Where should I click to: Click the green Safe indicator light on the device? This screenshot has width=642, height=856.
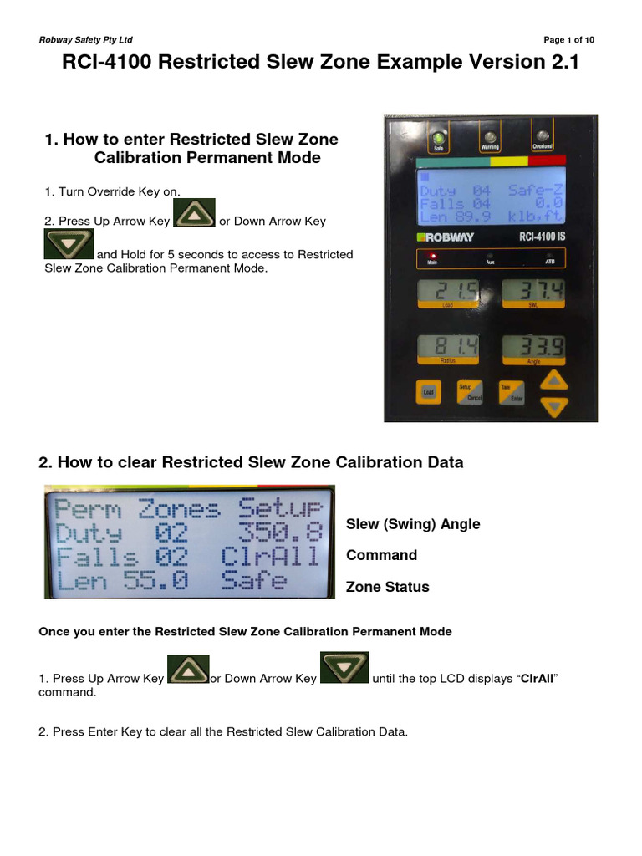tap(437, 139)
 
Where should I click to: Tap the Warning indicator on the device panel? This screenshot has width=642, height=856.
tap(489, 139)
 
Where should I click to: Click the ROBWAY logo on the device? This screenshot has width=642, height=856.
tap(446, 237)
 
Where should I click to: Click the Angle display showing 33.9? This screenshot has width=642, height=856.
tap(532, 347)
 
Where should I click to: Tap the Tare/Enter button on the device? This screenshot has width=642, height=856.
tap(511, 392)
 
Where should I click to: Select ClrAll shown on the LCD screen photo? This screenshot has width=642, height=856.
tap(270, 557)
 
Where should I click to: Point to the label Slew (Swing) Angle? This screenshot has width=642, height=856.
tap(413, 524)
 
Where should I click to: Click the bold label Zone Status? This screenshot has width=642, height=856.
tap(387, 587)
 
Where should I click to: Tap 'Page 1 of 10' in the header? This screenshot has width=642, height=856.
tap(568, 40)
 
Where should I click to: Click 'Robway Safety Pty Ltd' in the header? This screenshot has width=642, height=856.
tap(85, 40)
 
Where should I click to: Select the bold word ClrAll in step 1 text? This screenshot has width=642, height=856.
tap(539, 678)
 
